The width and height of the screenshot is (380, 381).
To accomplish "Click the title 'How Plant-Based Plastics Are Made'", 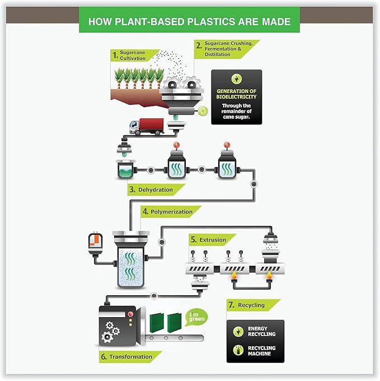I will click(189, 22).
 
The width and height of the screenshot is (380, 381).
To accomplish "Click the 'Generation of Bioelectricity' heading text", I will click(236, 94).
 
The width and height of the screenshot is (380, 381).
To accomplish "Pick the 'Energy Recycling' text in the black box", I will click(261, 332).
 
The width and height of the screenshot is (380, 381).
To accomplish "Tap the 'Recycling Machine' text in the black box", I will click(262, 351).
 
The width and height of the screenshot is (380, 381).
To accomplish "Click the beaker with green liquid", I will click(124, 169).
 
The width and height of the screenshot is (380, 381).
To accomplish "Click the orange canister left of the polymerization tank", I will click(95, 242).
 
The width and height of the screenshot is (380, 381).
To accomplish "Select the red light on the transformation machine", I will click(130, 314).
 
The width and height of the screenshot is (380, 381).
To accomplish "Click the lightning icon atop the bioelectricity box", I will click(236, 79).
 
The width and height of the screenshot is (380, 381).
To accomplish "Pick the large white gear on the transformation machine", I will click(108, 336).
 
